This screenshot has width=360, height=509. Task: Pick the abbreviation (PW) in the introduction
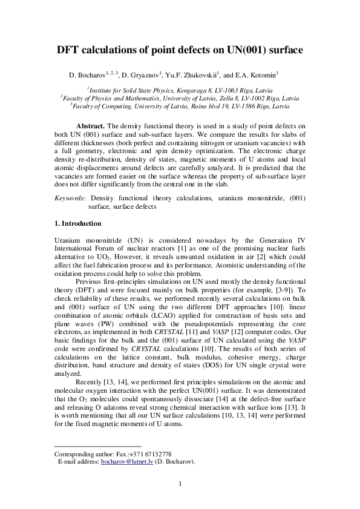pyautogui.click(x=111, y=325)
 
